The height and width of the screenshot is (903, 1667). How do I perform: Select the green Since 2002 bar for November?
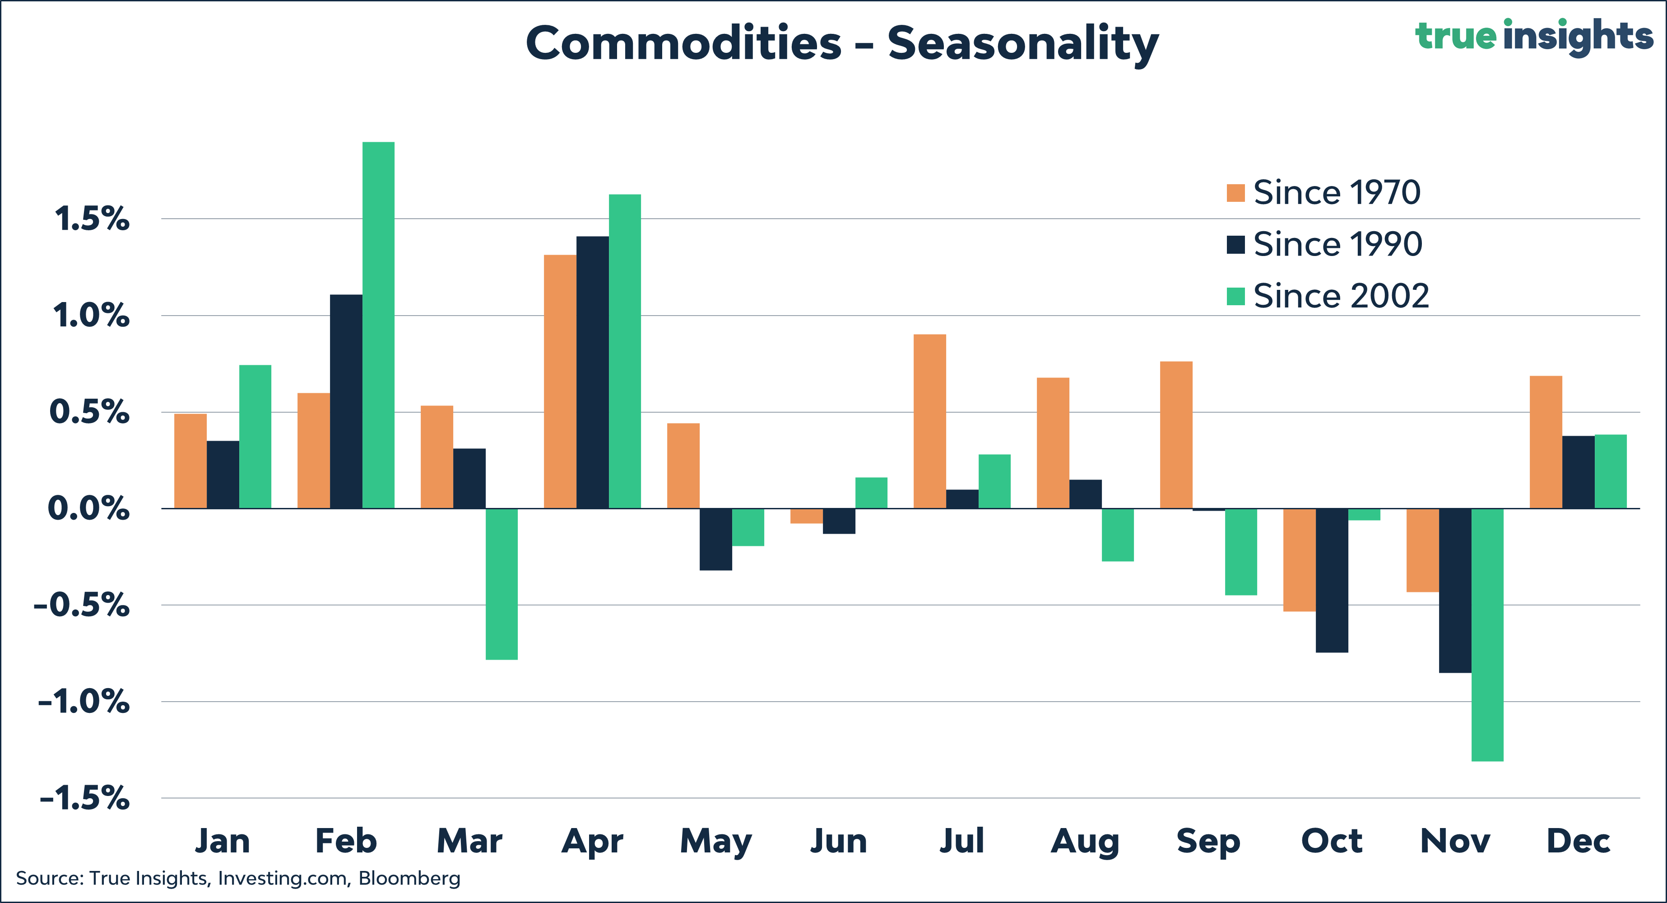1487,634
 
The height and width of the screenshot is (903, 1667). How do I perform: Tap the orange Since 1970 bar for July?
929,421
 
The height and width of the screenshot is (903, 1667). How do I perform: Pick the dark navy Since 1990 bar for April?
592,372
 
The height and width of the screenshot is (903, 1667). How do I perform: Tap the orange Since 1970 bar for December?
1545,442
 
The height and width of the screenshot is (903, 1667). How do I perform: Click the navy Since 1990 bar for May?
716,539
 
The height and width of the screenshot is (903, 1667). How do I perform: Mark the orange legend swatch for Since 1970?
1235,193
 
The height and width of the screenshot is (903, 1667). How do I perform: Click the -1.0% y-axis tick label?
84,702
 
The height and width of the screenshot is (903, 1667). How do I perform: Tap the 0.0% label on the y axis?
88,509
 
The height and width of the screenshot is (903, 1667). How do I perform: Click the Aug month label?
1085,842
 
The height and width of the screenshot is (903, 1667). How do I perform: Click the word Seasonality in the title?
1022,43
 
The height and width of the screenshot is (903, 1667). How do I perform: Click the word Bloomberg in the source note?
409,879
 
